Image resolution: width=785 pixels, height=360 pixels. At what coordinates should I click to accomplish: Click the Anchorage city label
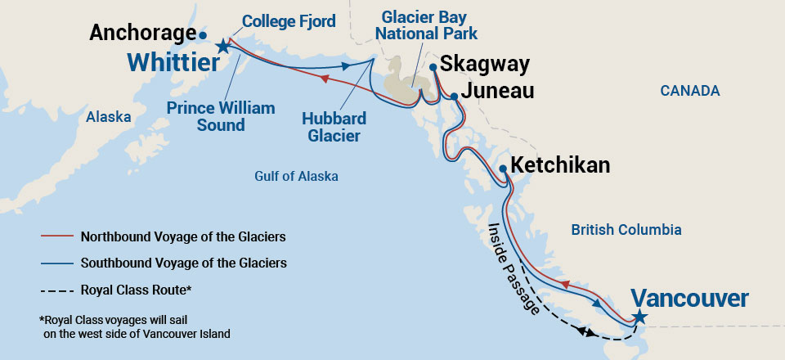(x=141, y=33)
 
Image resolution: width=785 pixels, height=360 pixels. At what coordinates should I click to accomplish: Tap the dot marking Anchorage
(x=202, y=35)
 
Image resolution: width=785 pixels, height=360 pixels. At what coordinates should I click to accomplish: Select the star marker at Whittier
(x=222, y=48)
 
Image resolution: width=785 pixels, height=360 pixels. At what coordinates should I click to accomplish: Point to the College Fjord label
(x=289, y=21)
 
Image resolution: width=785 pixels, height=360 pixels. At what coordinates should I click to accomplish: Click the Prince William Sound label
(x=221, y=116)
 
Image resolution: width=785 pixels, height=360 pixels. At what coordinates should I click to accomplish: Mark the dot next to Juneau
(x=455, y=97)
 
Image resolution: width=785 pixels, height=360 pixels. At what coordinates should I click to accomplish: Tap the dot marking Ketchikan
(x=503, y=169)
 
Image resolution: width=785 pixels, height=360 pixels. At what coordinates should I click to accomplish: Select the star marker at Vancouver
(x=639, y=317)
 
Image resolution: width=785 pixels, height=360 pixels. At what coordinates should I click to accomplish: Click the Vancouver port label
(x=689, y=299)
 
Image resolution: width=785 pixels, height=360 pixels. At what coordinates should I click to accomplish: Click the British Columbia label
(x=626, y=230)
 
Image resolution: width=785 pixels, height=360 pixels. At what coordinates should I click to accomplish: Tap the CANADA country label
(x=690, y=91)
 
